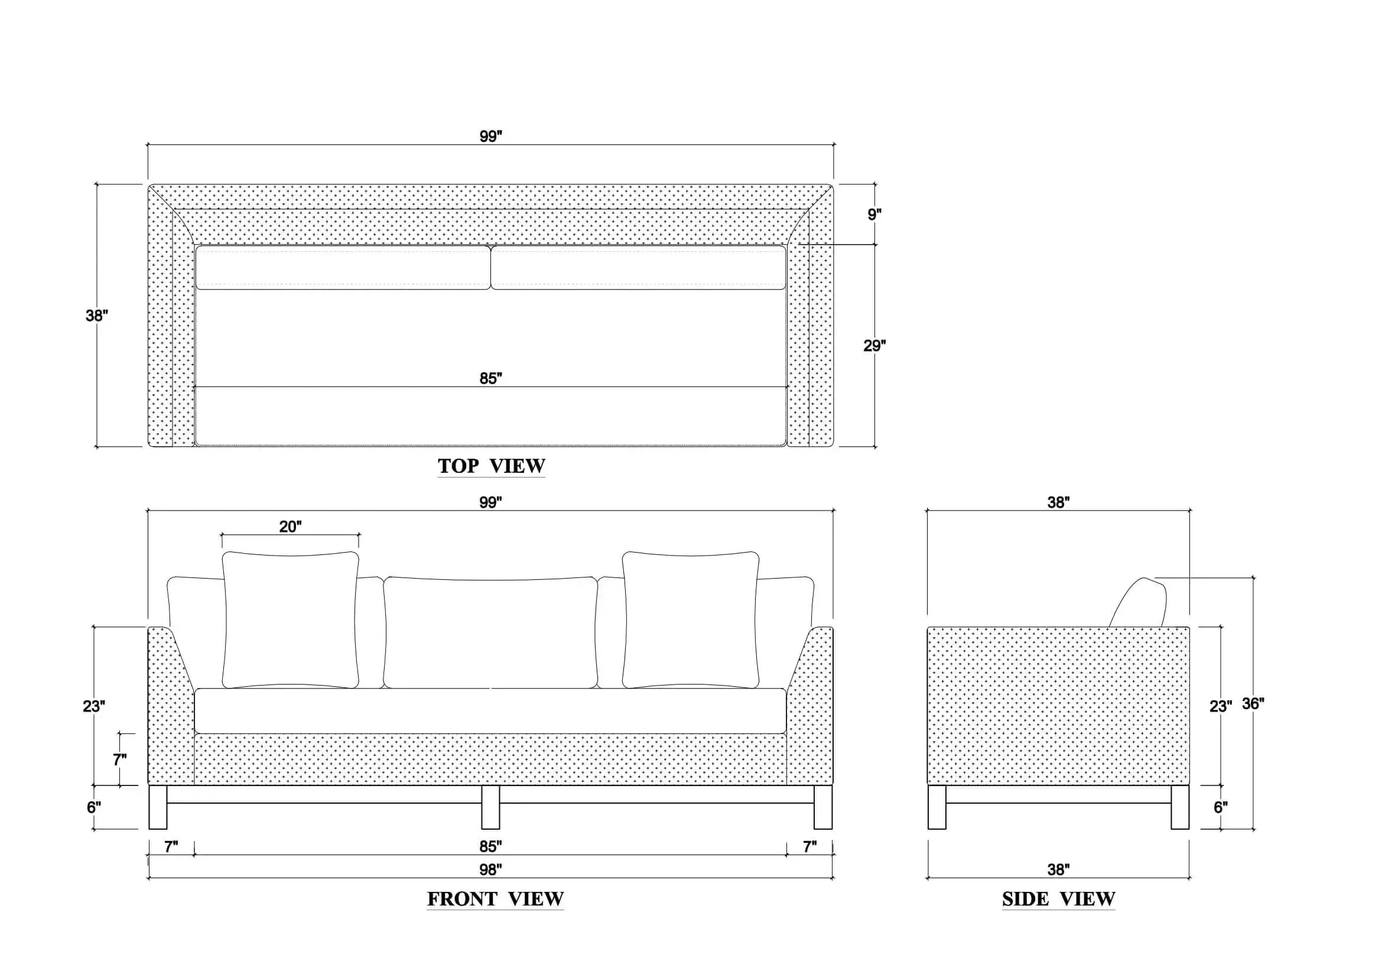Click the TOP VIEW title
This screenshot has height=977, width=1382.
491,466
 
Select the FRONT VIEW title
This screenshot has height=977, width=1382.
495,899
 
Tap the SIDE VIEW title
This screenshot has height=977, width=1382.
1058,899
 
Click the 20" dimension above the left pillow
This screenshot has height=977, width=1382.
290,527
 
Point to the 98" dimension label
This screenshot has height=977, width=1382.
490,870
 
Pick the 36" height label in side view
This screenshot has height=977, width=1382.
1253,704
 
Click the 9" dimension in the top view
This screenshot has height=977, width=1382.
874,215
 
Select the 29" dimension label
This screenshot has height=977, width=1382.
874,346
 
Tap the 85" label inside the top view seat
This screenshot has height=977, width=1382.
490,378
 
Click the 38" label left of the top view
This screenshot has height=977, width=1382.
96,316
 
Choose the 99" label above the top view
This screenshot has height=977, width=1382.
490,136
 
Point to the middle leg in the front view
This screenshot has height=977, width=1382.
490,807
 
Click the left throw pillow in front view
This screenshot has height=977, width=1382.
290,619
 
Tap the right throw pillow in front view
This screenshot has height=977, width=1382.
690,619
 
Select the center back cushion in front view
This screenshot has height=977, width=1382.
490,632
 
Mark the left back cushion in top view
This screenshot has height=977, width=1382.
343,267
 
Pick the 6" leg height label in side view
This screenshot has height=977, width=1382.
1221,807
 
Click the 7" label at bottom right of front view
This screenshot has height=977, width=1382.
809,846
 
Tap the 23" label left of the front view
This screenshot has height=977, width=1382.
94,706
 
